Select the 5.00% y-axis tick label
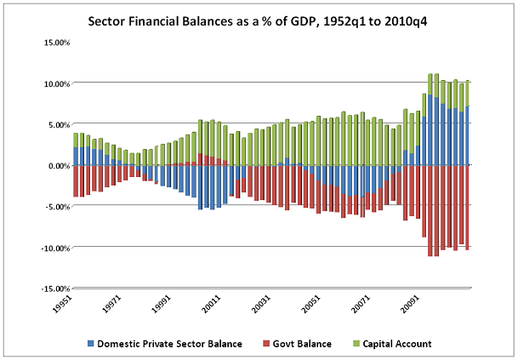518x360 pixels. tap(56, 124)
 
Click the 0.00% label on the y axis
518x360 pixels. tap(56, 165)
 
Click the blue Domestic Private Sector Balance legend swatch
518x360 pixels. tap(90, 344)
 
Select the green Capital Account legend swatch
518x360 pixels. tap(357, 344)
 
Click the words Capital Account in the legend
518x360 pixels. tap(398, 344)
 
